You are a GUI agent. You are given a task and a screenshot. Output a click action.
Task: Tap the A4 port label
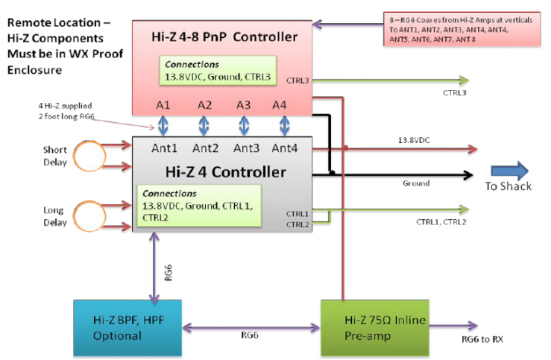[x=280, y=105]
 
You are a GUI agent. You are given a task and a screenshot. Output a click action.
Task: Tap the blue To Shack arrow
[x=509, y=171]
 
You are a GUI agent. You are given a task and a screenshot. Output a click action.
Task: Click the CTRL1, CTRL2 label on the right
[x=441, y=221]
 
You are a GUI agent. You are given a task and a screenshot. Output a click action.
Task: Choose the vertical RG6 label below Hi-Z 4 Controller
[x=169, y=274]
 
